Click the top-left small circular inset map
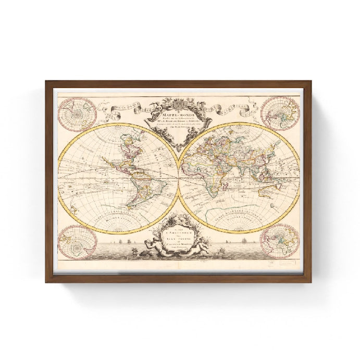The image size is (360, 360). tap(75, 114)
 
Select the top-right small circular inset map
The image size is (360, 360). tap(280, 114)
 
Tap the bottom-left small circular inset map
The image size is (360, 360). tap(75, 242)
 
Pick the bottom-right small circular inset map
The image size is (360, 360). tap(280, 241)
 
